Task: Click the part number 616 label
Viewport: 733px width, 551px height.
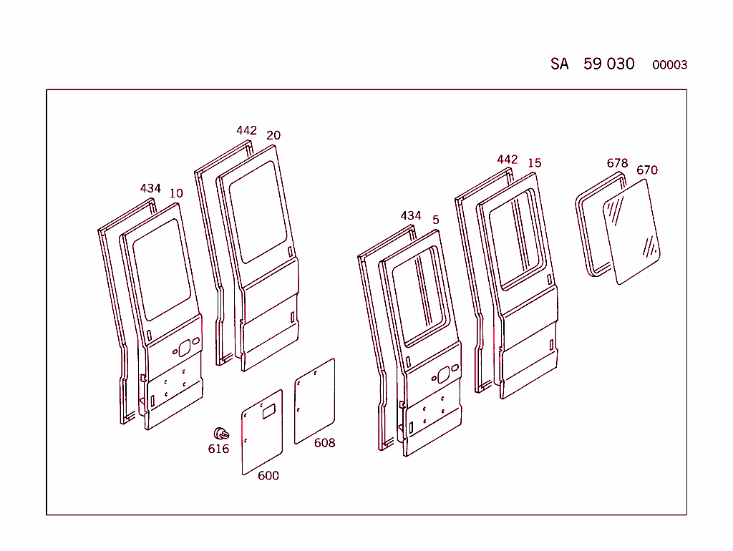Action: pyautogui.click(x=218, y=449)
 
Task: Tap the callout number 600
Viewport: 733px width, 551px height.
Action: pyautogui.click(x=268, y=476)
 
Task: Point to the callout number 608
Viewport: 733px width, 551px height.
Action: pyautogui.click(x=324, y=443)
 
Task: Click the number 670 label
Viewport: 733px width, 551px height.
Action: pyautogui.click(x=646, y=170)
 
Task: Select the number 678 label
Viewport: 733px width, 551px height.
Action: pyautogui.click(x=617, y=163)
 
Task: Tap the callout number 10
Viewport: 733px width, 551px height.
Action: pyautogui.click(x=176, y=193)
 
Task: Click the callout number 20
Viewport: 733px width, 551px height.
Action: pyautogui.click(x=273, y=135)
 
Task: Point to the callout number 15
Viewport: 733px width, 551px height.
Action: pyautogui.click(x=535, y=163)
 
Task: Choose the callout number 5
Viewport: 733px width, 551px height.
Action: pyautogui.click(x=436, y=220)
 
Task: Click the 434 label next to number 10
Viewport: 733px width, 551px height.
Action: pyautogui.click(x=150, y=188)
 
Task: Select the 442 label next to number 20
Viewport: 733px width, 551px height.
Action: pyautogui.click(x=246, y=130)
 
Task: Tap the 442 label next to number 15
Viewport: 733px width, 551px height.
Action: pyautogui.click(x=508, y=159)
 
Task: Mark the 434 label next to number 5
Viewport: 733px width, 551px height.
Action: pyautogui.click(x=411, y=215)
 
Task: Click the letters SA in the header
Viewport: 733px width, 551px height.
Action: pyautogui.click(x=560, y=64)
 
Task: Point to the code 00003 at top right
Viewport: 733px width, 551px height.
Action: pyautogui.click(x=669, y=65)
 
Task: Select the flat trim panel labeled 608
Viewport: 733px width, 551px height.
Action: pyautogui.click(x=315, y=401)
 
